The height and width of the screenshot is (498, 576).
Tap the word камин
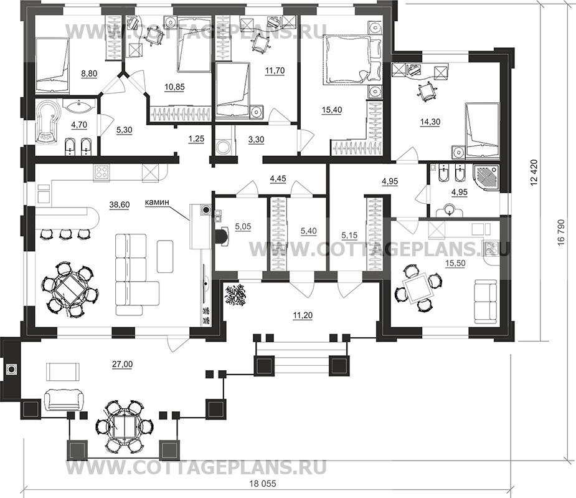tap(157, 202)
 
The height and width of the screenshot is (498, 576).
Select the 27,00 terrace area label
tap(123, 365)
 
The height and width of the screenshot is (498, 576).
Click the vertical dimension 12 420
tap(534, 172)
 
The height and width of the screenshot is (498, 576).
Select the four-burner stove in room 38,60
tap(102, 172)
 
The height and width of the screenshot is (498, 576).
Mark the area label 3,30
tap(256, 140)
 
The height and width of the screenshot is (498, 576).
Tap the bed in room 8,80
tap(52, 64)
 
